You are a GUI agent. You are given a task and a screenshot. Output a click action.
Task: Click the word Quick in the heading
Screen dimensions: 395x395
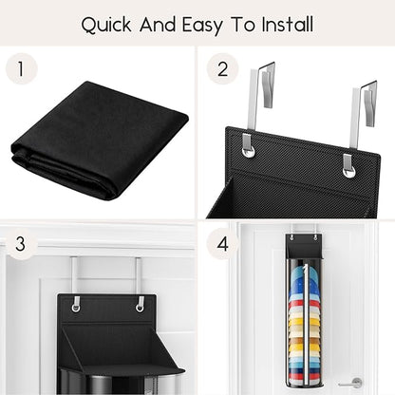point(106,25)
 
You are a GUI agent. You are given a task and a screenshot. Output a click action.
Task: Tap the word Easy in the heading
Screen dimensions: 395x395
point(202,26)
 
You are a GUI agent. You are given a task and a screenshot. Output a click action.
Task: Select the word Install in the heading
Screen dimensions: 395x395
point(288,24)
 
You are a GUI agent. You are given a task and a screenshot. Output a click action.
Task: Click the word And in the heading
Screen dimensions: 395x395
point(158,24)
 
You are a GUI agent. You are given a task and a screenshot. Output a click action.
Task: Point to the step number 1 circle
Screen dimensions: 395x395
point(21,68)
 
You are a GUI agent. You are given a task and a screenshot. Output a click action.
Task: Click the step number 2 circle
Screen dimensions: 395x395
point(222,68)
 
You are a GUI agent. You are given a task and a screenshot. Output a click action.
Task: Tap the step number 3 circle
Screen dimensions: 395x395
point(20,244)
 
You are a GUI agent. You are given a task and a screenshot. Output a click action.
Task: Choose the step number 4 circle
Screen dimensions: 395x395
point(222,244)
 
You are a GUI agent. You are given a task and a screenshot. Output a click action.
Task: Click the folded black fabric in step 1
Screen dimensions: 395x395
point(99,140)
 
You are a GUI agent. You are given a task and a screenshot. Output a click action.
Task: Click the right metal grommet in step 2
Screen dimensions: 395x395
point(348,171)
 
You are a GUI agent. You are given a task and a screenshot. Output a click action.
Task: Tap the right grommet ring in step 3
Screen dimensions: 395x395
point(140,308)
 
